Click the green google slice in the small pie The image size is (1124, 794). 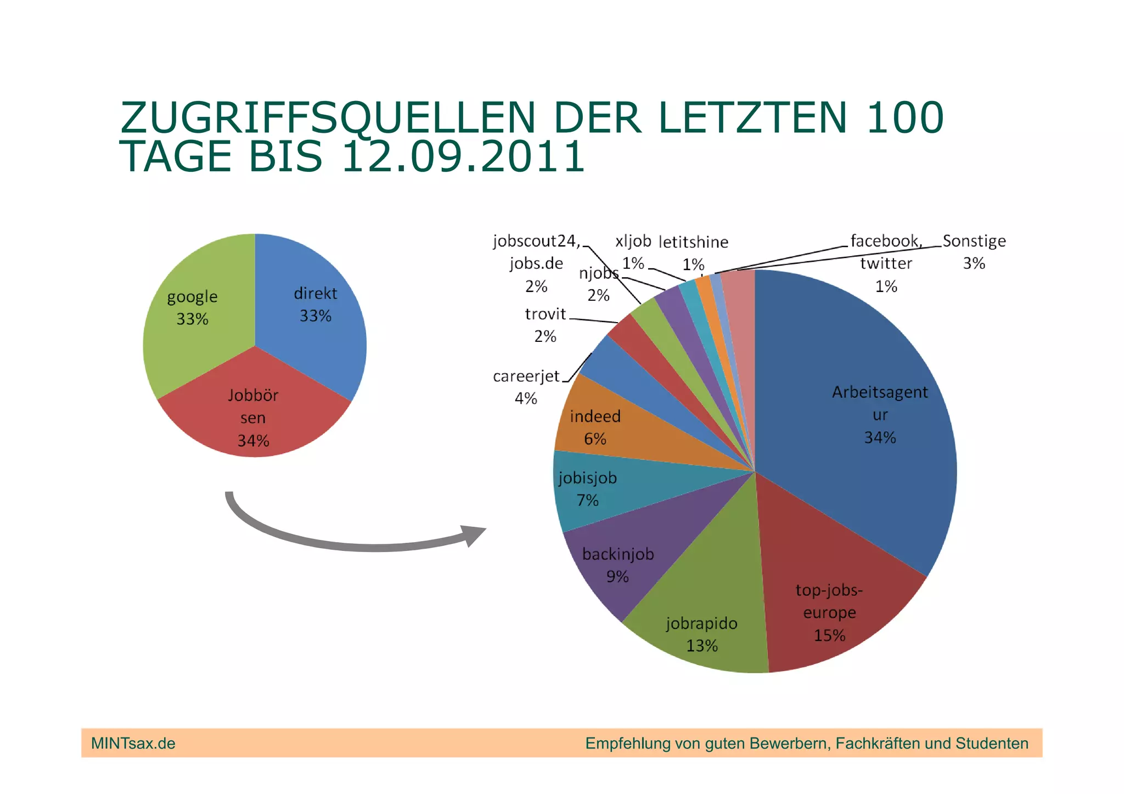point(192,329)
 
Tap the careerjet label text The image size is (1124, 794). point(526,376)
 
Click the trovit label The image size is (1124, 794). point(545,314)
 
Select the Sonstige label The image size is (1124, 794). point(974,241)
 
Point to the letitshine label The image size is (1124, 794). point(693,242)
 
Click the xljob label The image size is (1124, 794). point(633,241)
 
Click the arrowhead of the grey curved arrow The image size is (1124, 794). point(473,534)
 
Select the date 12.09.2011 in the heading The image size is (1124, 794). point(463,157)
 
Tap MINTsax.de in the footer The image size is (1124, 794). point(133,744)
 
